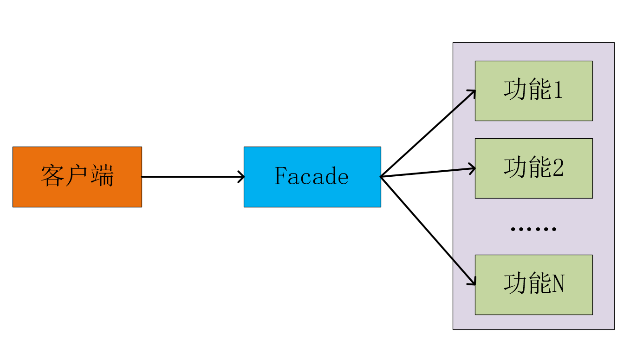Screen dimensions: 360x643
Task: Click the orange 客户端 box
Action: coord(77,177)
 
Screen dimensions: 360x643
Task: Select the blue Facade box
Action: coord(312,177)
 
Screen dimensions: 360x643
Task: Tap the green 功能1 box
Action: coord(533,91)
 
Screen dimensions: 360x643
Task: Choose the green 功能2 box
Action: coord(533,168)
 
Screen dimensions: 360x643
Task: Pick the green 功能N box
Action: coord(533,284)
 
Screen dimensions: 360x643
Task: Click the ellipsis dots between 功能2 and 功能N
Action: coord(533,229)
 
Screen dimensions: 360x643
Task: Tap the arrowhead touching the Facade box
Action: coord(241,177)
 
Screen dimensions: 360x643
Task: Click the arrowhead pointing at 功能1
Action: coord(472,92)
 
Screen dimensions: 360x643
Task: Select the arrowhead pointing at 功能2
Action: coord(473,168)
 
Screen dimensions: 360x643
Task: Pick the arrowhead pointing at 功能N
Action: coord(473,282)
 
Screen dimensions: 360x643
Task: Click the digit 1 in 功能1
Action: coord(558,90)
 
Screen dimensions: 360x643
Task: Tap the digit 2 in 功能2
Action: coord(558,168)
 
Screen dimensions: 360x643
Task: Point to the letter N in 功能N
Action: coord(558,284)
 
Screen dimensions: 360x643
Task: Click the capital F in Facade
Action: coord(280,176)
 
